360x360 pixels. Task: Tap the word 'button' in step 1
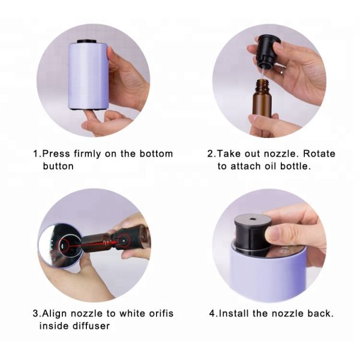(x=58, y=166)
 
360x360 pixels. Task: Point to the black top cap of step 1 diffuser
(x=89, y=43)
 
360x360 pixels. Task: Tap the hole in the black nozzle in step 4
(x=250, y=219)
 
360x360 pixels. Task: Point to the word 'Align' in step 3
(x=58, y=313)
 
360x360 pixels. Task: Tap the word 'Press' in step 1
(x=55, y=154)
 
